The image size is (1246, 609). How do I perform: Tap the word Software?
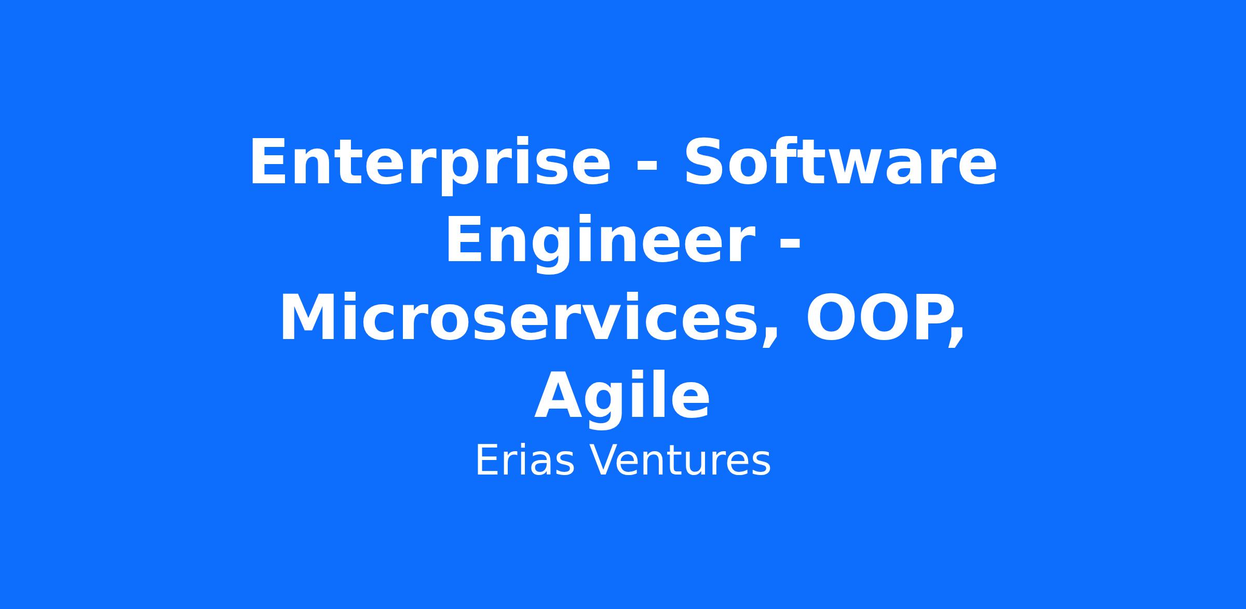[841, 161]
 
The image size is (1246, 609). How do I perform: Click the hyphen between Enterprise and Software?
[647, 166]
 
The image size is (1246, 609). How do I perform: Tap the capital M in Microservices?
[309, 317]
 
